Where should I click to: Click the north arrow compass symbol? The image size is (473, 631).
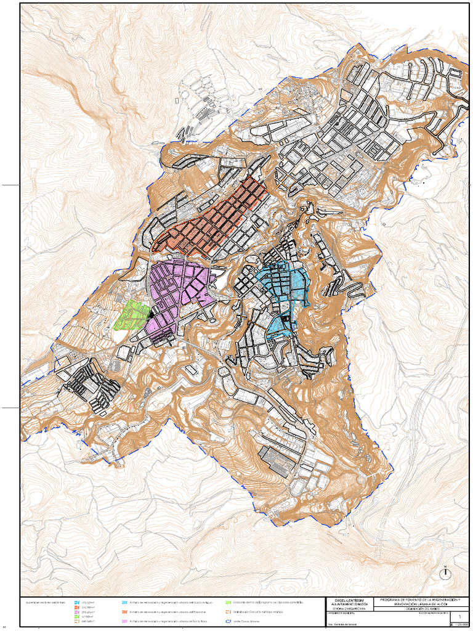tap(444, 572)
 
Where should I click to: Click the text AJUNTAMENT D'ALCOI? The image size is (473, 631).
tap(349, 605)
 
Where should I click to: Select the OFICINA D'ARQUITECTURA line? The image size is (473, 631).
tap(349, 610)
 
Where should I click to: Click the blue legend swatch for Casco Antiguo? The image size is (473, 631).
tap(125, 601)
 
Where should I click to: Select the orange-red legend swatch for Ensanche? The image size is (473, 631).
tap(125, 612)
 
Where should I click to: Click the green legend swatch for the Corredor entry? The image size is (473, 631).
tap(228, 601)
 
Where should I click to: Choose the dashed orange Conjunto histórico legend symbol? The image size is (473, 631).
tap(228, 612)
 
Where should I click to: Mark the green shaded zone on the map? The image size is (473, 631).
tap(132, 314)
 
